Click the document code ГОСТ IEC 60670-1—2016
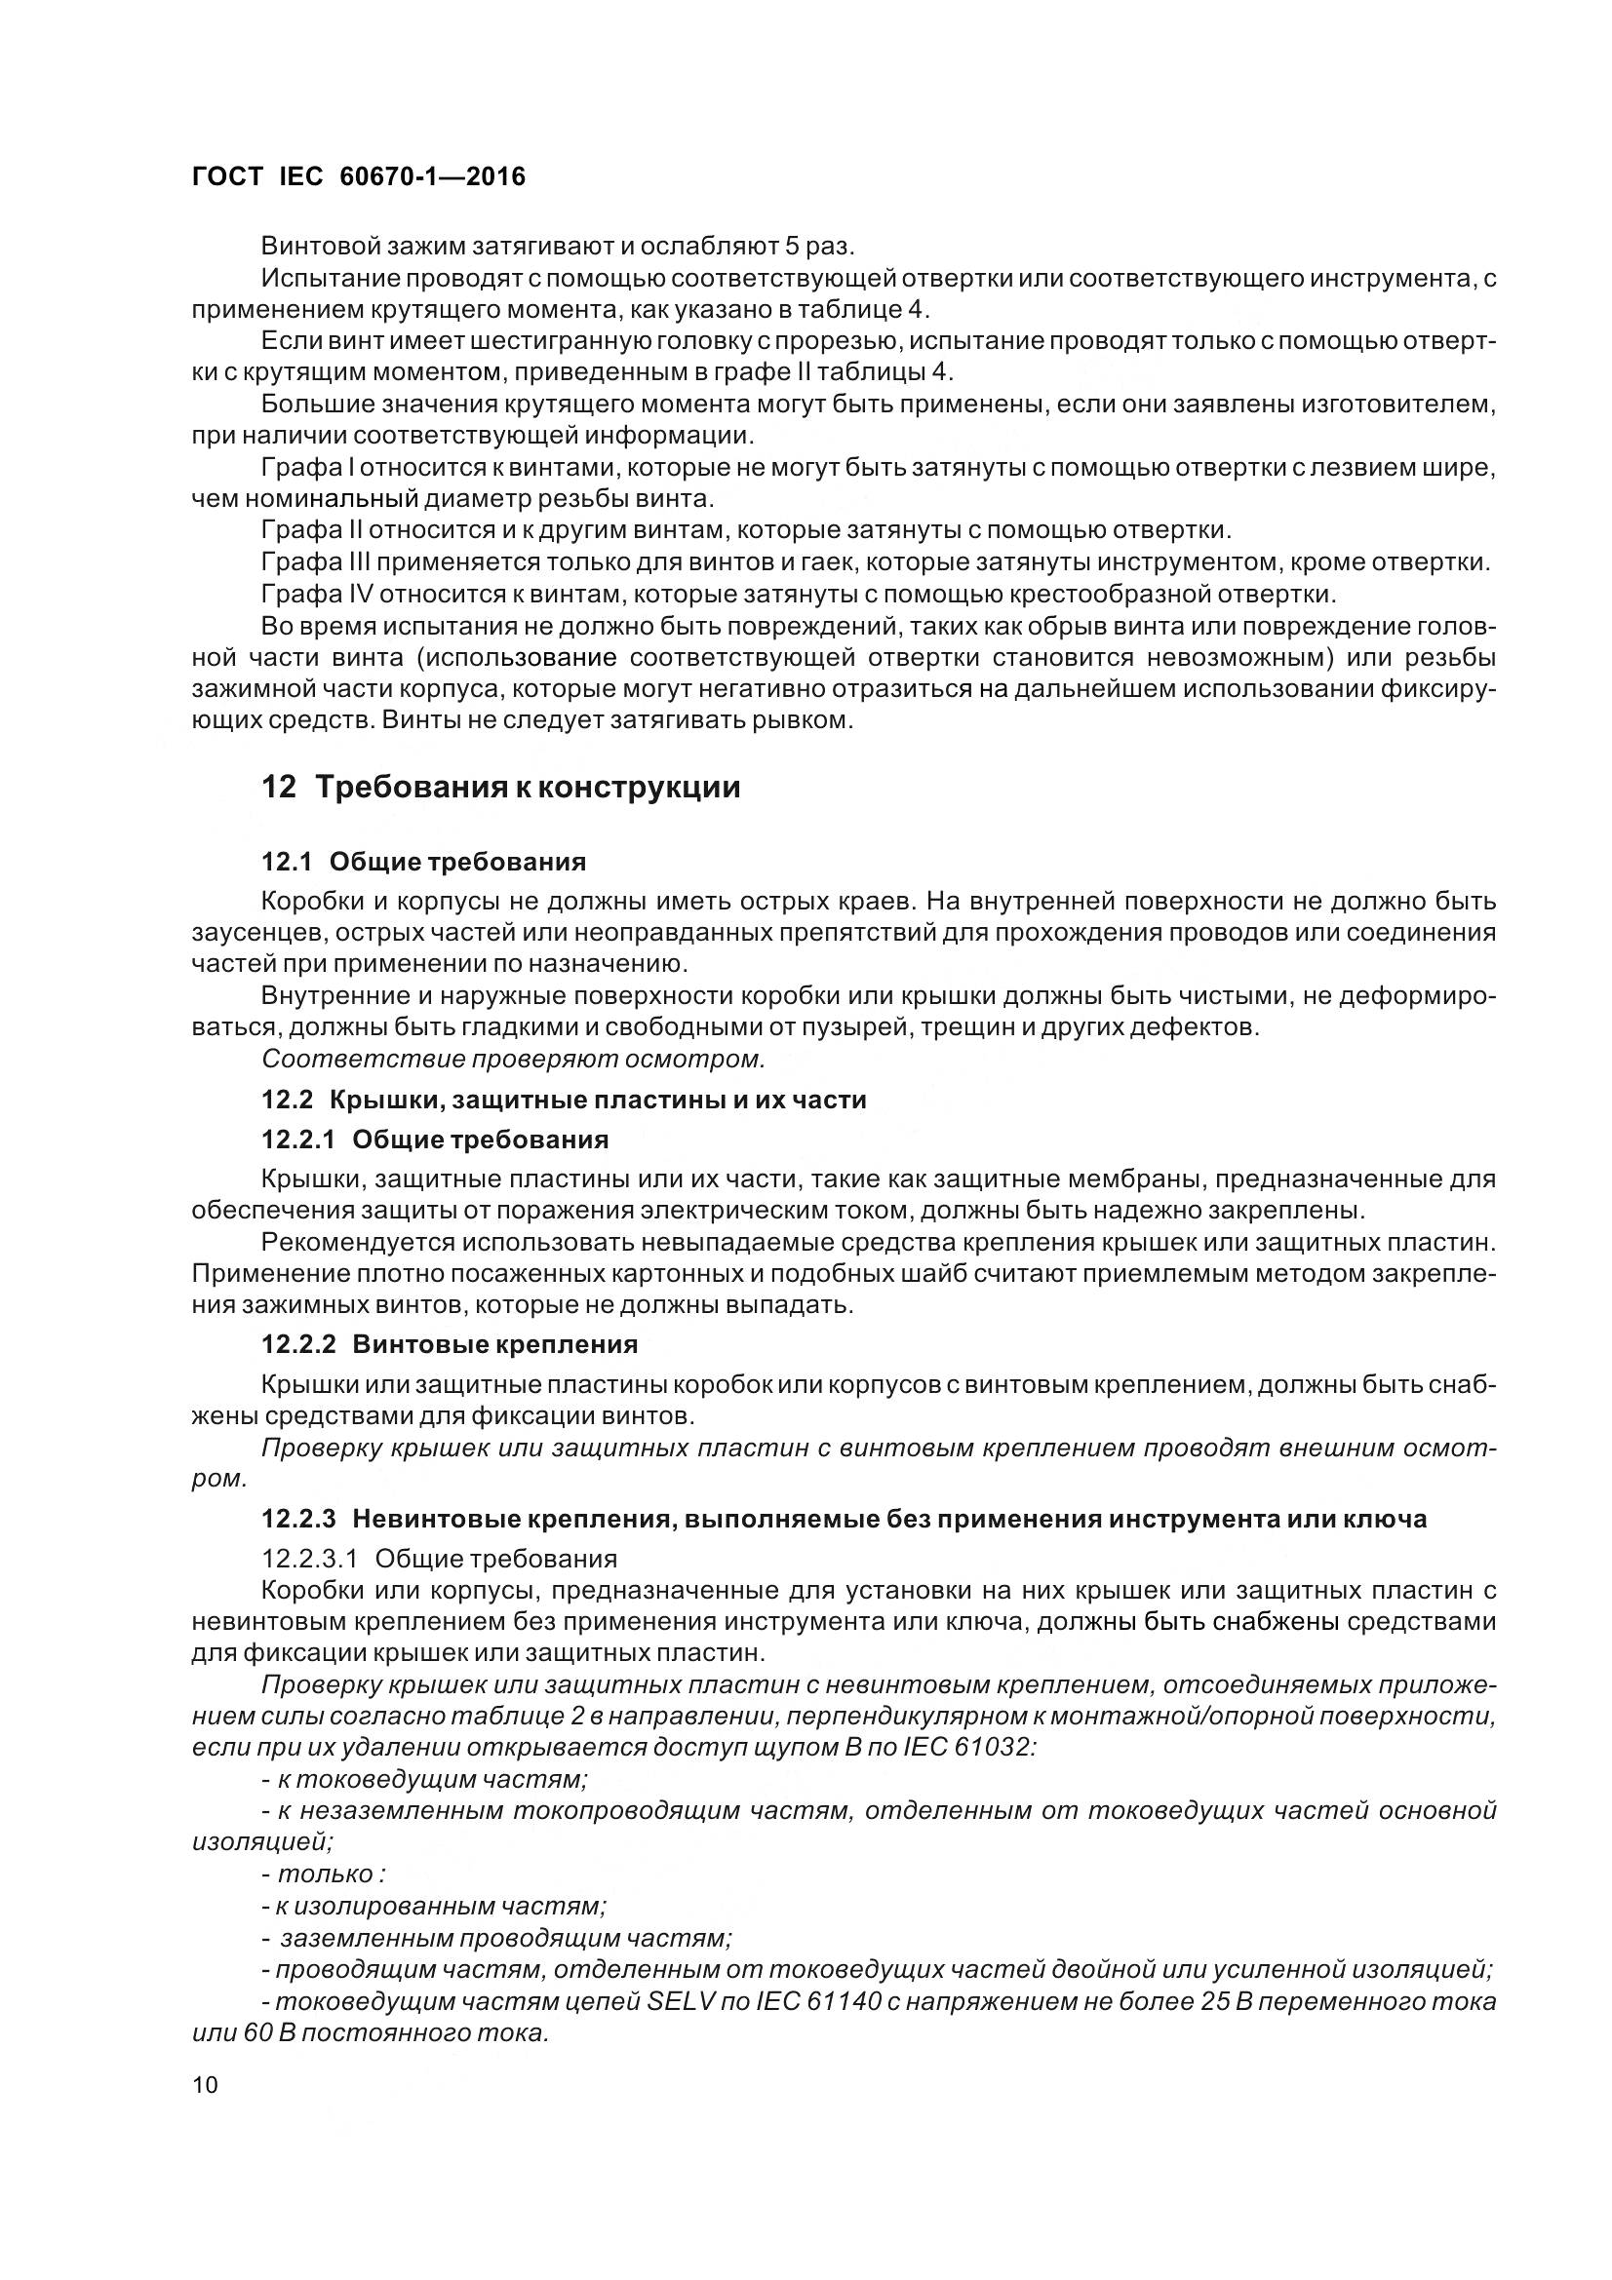(358, 176)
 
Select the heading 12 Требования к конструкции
(500, 787)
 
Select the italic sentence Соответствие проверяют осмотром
(514, 1059)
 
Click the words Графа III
(316, 562)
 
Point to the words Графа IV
(316, 594)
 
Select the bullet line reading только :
(323, 1874)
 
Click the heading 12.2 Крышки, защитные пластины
(563, 1100)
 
